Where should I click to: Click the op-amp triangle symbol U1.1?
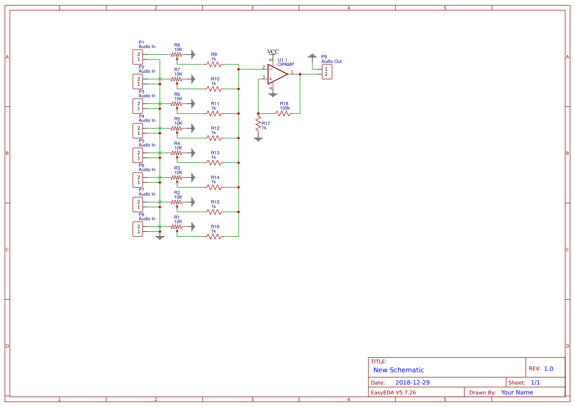pyautogui.click(x=277, y=74)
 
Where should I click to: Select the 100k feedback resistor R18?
pyautogui.click(x=283, y=113)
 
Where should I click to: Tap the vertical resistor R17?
pyautogui.click(x=258, y=125)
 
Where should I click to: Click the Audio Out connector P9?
pyautogui.click(x=327, y=72)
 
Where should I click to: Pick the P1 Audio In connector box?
pyautogui.click(x=138, y=57)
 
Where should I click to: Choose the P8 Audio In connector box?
pyautogui.click(x=138, y=229)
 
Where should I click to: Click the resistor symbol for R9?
pyautogui.click(x=214, y=64)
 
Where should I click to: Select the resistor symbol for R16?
pyautogui.click(x=214, y=236)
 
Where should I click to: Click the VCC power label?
pyautogui.click(x=272, y=52)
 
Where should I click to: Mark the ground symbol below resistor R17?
pyautogui.click(x=258, y=139)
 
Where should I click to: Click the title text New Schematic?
pyautogui.click(x=398, y=370)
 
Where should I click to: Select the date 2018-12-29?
pyautogui.click(x=412, y=382)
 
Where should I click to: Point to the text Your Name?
pyautogui.click(x=517, y=392)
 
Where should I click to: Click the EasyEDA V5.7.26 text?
pyautogui.click(x=393, y=392)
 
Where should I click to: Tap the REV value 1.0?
pyautogui.click(x=548, y=369)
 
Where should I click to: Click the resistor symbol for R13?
pyautogui.click(x=214, y=162)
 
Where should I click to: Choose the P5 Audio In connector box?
pyautogui.click(x=138, y=155)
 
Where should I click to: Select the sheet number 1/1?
pyautogui.click(x=535, y=382)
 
